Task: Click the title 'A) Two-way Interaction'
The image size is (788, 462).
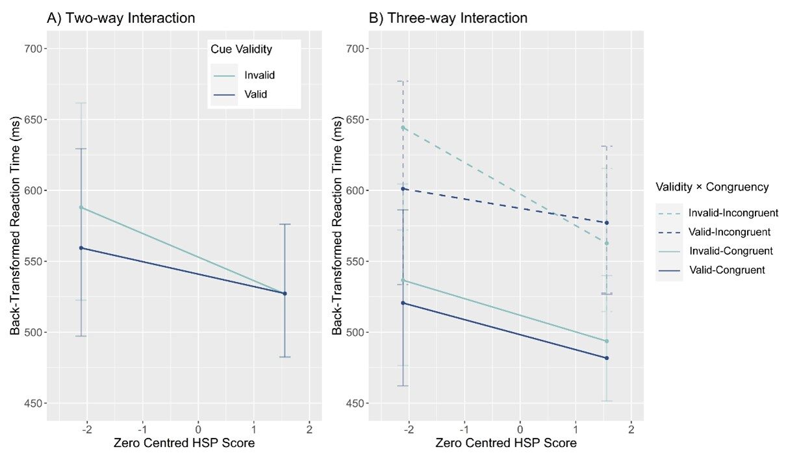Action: pos(121,18)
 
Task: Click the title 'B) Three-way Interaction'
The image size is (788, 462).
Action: pos(448,18)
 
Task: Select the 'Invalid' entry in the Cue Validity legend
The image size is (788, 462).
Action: pos(259,75)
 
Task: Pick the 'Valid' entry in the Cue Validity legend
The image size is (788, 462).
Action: pos(256,94)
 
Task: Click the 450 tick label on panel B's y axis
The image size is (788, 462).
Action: pos(355,404)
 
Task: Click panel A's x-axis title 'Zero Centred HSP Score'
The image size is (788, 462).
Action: pos(184,444)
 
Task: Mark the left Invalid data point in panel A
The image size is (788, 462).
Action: pos(81,207)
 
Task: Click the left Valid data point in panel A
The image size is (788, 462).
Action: pos(81,248)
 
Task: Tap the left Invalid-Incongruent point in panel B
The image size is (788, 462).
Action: pos(403,128)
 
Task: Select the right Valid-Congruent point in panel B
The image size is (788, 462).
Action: pos(607,358)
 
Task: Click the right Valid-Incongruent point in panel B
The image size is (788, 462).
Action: pos(607,223)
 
